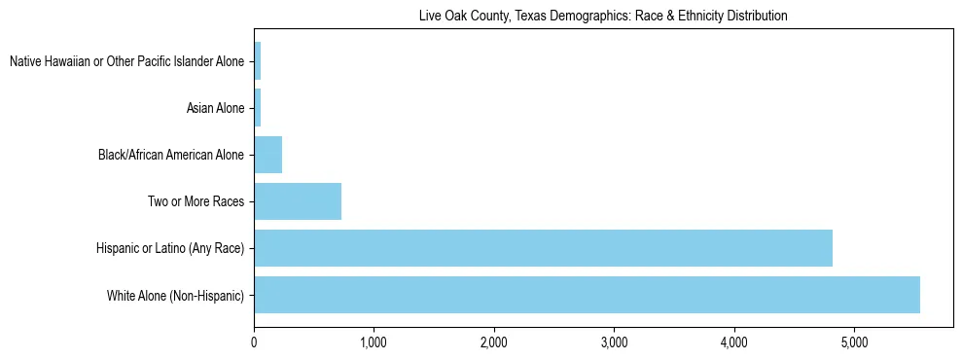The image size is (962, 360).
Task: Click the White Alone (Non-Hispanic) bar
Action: (x=587, y=295)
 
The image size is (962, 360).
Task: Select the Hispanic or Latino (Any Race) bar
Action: (x=543, y=248)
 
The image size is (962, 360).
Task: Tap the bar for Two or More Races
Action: (x=298, y=201)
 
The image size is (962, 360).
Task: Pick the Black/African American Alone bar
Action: (x=267, y=155)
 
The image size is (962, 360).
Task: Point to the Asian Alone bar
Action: (x=257, y=108)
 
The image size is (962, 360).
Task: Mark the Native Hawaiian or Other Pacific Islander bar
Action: (x=257, y=61)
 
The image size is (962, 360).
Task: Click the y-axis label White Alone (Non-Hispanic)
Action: (x=175, y=295)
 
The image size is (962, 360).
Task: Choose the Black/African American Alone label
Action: (x=171, y=155)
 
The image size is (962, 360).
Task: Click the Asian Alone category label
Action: (x=215, y=108)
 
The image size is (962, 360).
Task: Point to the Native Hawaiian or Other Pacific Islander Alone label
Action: (x=126, y=61)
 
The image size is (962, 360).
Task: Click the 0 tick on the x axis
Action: (x=254, y=342)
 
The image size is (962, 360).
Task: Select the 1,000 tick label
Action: (x=374, y=342)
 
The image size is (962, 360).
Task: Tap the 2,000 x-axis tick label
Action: (x=494, y=342)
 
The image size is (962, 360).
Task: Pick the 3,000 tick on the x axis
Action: (x=614, y=342)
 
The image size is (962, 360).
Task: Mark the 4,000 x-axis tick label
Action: (x=734, y=342)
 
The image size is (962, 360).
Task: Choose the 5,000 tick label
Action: (x=854, y=342)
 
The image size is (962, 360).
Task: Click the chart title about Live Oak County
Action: (x=603, y=16)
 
